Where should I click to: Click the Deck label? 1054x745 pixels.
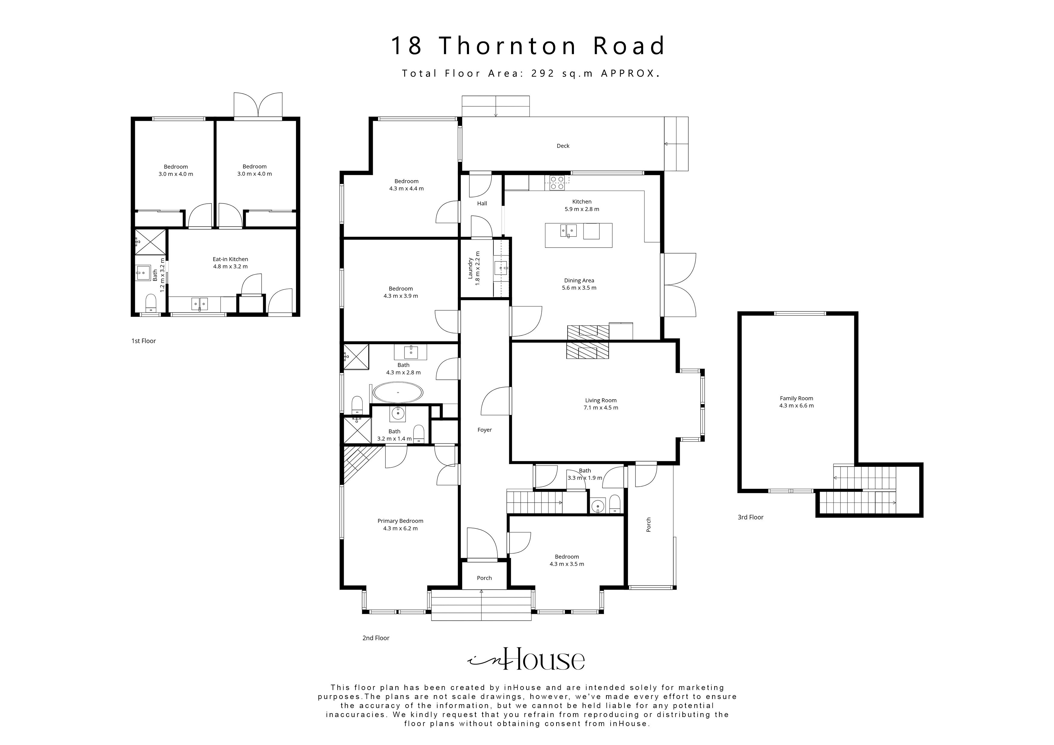[563, 146]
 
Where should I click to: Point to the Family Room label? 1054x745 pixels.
[797, 398]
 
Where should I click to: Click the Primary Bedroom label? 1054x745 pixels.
[400, 521]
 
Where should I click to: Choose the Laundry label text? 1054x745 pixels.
[471, 269]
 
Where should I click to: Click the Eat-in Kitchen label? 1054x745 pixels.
[230, 259]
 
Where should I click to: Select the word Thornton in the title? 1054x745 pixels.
[507, 46]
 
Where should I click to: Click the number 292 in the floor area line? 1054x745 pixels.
[544, 73]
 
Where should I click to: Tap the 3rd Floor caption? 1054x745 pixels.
[751, 517]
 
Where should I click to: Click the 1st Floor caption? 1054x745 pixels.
[144, 341]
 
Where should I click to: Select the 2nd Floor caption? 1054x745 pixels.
[376, 638]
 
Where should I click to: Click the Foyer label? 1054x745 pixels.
[485, 430]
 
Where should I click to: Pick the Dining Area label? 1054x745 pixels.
[579, 281]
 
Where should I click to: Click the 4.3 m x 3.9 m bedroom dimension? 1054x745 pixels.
[401, 296]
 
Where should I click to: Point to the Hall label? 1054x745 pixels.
[482, 203]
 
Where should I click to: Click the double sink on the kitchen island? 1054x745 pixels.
[568, 230]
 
